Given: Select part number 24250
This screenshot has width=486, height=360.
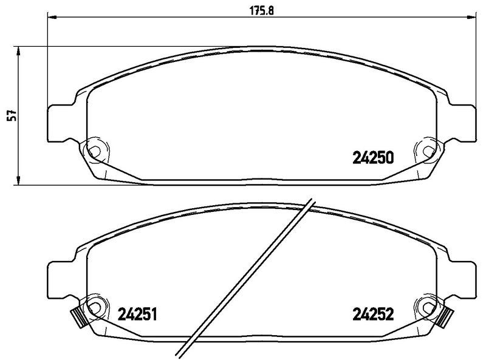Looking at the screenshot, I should (374, 158).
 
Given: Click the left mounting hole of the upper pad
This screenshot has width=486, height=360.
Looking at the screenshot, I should (94, 150).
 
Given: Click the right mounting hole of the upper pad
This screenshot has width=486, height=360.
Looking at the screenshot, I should (427, 150).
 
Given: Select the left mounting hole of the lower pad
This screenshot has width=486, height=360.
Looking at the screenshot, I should (94, 307).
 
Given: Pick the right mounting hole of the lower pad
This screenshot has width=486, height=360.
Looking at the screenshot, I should (427, 307).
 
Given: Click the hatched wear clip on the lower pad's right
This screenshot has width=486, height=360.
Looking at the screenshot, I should (447, 317).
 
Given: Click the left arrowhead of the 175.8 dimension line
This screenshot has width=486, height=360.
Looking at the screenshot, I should (52, 18).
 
